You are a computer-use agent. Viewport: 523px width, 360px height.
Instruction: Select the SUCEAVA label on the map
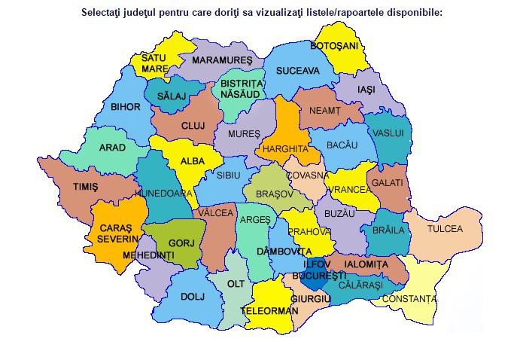point(297,71)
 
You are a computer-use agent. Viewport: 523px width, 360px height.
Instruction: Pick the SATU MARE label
point(154,63)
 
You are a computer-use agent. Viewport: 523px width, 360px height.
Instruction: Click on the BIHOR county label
point(125,107)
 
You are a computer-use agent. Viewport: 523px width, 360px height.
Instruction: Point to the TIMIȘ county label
point(85,187)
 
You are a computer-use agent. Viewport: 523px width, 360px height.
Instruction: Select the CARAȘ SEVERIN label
point(111,233)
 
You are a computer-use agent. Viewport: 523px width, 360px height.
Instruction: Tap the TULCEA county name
point(445,228)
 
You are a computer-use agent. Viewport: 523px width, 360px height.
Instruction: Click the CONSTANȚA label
point(409,299)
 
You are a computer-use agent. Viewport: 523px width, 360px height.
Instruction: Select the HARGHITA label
point(285,149)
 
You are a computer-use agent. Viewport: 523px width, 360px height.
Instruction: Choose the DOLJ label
point(193,296)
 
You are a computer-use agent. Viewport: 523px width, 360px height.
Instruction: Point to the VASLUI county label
point(388,133)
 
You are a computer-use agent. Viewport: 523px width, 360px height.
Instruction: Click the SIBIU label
point(228,174)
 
